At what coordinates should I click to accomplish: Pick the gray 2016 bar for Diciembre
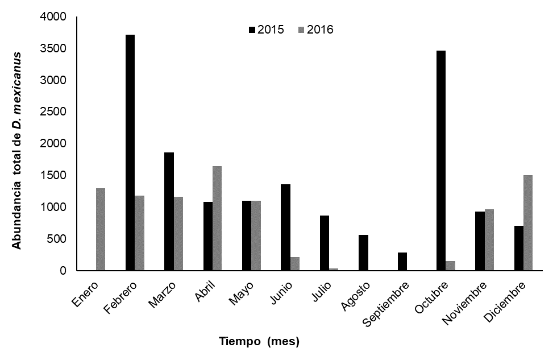click(x=528, y=223)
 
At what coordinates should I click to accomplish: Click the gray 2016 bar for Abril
click(x=217, y=218)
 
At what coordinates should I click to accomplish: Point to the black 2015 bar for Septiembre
click(x=402, y=261)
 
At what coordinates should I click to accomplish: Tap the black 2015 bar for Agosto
click(x=364, y=253)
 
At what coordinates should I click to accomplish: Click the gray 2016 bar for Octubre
click(x=451, y=266)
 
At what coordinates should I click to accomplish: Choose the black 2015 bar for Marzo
click(x=169, y=211)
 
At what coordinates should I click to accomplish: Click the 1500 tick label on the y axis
click(x=56, y=176)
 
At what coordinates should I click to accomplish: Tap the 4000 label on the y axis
click(x=56, y=17)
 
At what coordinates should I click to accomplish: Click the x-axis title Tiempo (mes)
click(x=259, y=342)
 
